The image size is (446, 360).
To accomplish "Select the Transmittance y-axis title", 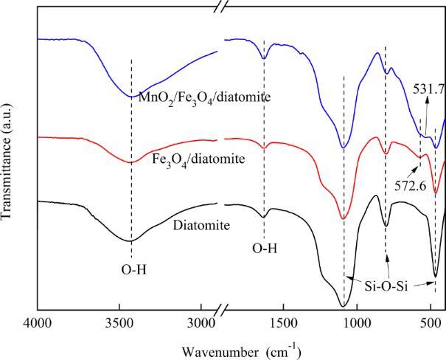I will [8, 163].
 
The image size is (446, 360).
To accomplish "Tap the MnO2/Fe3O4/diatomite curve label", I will [190, 94].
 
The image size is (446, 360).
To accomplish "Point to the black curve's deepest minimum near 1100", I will [343, 305].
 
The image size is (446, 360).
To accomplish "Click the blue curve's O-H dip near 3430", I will [131, 96].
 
